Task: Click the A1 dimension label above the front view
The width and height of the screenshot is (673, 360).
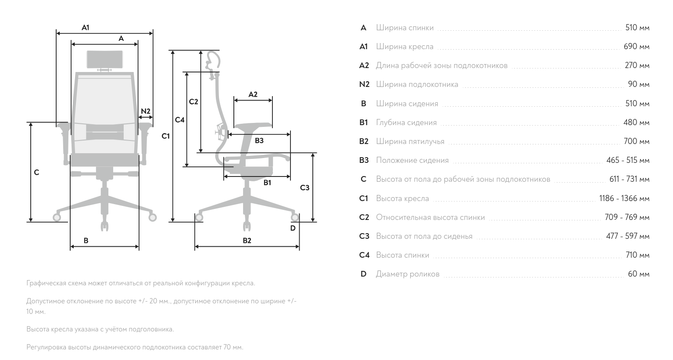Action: (86, 28)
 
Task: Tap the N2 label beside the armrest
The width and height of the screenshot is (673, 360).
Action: (146, 111)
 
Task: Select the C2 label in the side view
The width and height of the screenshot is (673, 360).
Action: (193, 102)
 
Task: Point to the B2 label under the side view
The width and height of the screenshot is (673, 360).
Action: (247, 241)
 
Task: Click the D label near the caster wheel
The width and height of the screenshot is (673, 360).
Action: (293, 228)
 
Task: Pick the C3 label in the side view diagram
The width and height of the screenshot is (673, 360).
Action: (304, 188)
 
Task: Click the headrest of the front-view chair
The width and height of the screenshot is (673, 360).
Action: (104, 59)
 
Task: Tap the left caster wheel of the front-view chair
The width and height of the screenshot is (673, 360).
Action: (57, 217)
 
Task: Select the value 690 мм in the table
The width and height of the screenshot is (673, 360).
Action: (636, 47)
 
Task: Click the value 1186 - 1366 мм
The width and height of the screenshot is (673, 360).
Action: (624, 198)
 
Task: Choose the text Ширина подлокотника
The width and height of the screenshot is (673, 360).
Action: (417, 84)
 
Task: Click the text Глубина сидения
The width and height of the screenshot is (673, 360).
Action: (406, 122)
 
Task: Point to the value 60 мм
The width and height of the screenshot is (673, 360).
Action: (638, 274)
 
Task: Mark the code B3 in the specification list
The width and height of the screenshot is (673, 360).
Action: (364, 160)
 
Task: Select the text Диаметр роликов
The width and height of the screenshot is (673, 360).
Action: (408, 274)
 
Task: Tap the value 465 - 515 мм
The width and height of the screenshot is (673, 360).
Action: (627, 160)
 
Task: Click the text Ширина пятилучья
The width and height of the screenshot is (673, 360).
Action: (410, 141)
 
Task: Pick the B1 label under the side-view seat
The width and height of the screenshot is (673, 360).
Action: (267, 183)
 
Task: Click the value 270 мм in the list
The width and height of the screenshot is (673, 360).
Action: (637, 65)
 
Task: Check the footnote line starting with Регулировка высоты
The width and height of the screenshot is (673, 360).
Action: (135, 347)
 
